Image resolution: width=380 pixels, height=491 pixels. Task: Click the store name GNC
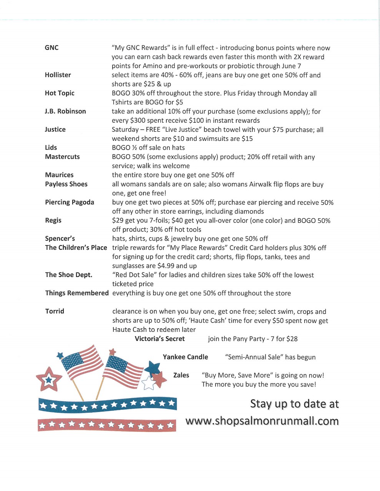[x=51, y=48]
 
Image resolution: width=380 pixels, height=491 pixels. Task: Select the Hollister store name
[x=58, y=75]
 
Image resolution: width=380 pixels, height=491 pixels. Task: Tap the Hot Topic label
[x=60, y=93]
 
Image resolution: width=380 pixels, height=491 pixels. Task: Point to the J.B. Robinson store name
[x=65, y=111]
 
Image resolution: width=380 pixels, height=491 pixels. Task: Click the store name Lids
[x=51, y=148]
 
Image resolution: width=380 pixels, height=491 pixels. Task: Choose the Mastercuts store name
[x=62, y=157]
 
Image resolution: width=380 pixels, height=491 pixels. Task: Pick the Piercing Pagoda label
[x=70, y=202]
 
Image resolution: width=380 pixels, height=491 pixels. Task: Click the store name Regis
[x=53, y=220]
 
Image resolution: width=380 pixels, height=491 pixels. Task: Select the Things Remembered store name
[x=77, y=293]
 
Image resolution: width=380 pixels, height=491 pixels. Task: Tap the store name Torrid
[x=55, y=311]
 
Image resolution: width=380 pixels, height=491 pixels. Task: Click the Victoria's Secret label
[x=160, y=339]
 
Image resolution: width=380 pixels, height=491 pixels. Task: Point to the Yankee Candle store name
[x=185, y=357]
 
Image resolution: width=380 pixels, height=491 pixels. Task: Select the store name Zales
[x=181, y=375]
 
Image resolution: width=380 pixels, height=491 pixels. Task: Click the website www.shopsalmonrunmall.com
[x=262, y=421]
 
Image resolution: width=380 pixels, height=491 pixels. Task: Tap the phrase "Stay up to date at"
[x=294, y=404]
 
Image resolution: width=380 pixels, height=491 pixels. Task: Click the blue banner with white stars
[x=107, y=404]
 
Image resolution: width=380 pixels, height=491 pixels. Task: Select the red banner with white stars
[x=106, y=425]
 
